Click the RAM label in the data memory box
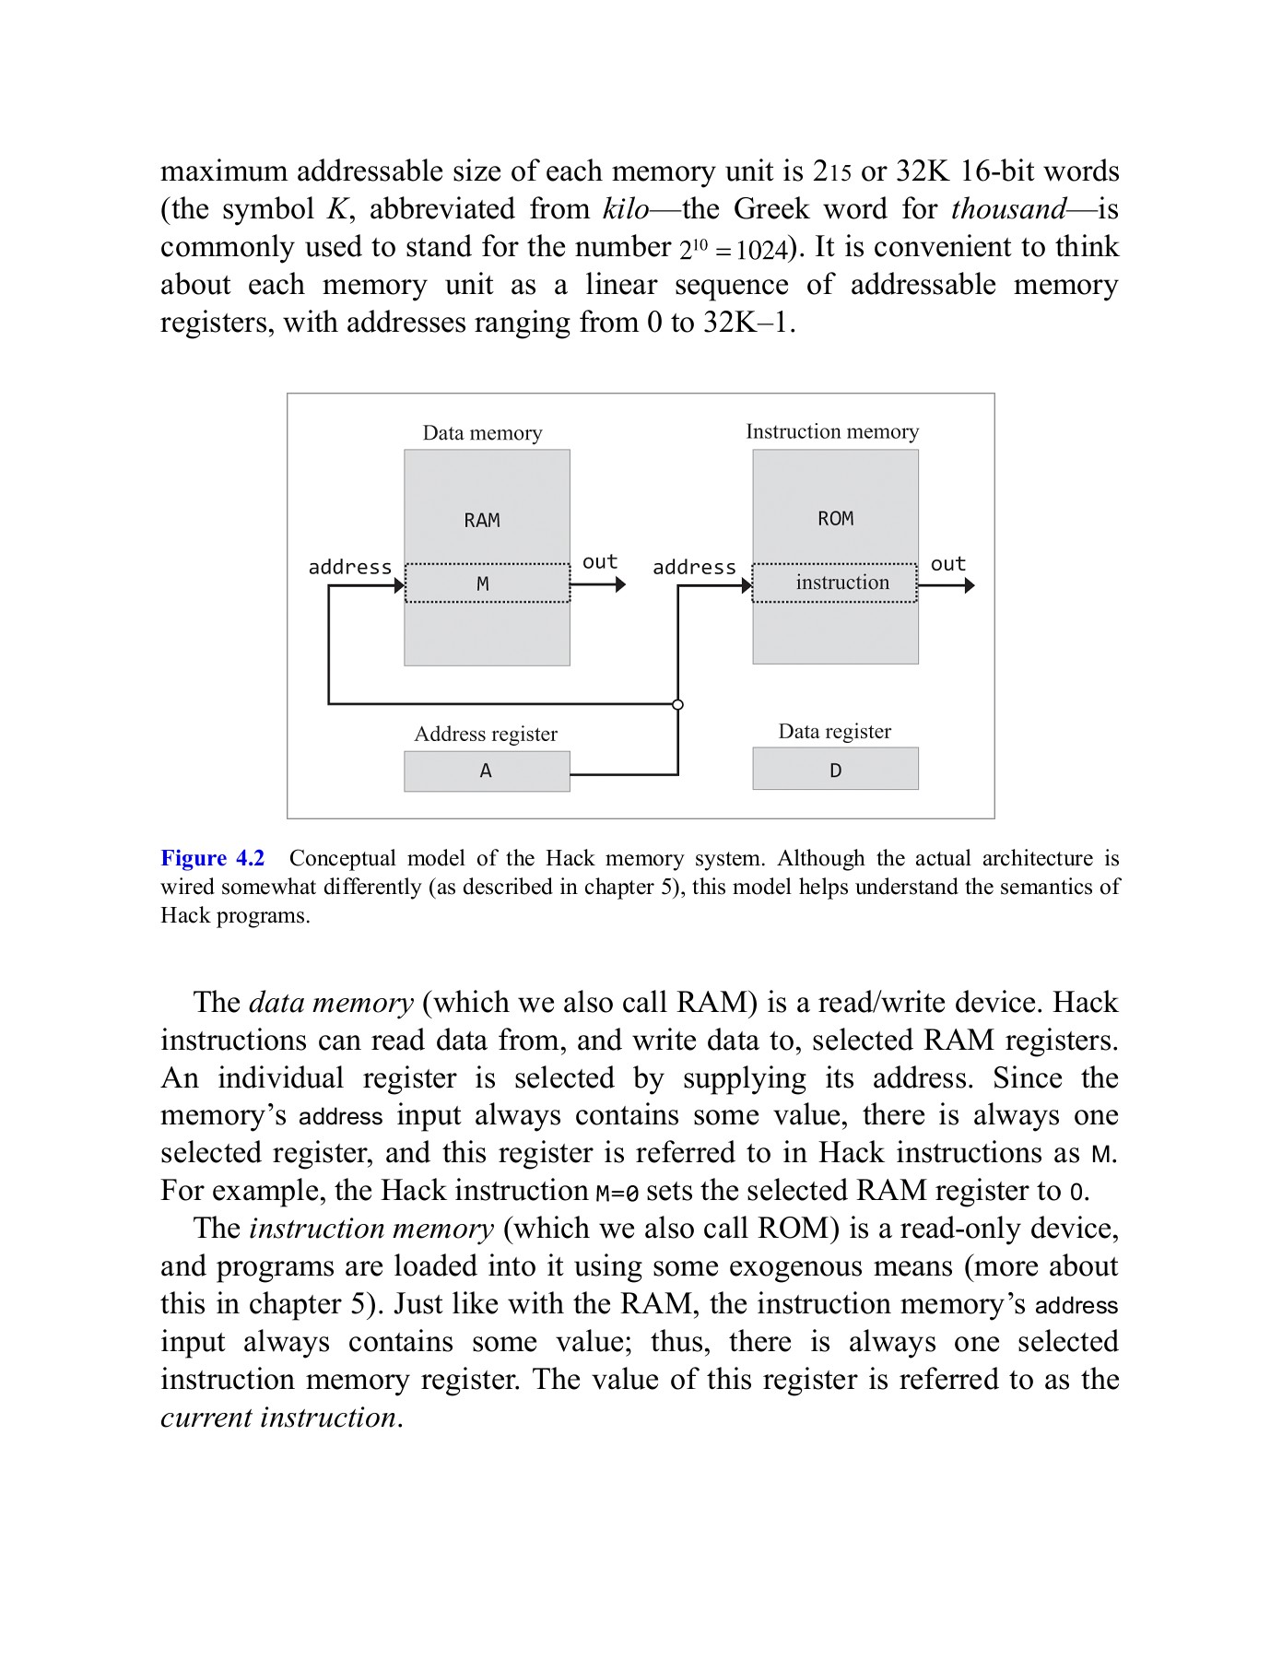(482, 521)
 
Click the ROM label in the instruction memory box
(835, 519)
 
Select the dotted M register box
(487, 583)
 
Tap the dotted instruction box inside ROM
(835, 582)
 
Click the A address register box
(487, 771)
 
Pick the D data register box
(835, 770)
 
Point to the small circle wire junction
(677, 705)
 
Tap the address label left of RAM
(349, 568)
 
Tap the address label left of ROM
(694, 568)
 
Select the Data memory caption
(482, 433)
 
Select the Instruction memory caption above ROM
(831, 431)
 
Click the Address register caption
(486, 734)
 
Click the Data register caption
(834, 731)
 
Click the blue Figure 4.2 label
(213, 858)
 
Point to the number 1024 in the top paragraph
(761, 250)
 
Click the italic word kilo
(625, 209)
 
